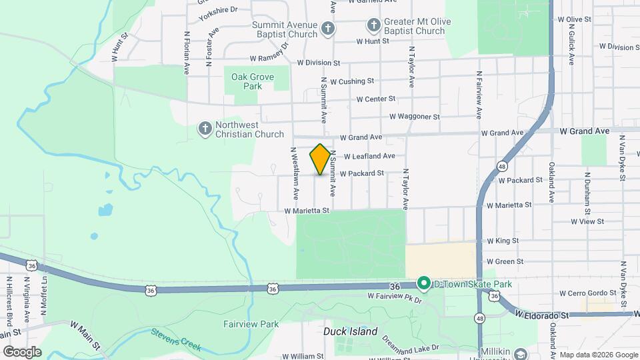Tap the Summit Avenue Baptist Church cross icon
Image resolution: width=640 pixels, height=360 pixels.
tap(327, 27)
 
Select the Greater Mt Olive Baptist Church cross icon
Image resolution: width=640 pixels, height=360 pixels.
tap(374, 26)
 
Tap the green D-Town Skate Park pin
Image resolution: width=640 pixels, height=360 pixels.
tap(423, 284)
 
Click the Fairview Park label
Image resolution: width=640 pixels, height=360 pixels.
tap(251, 325)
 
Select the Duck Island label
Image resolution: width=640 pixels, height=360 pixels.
tap(351, 331)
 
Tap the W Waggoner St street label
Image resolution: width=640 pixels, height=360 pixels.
tap(415, 117)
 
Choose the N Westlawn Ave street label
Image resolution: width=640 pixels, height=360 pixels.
tap(293, 173)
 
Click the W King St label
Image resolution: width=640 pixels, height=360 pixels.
tap(503, 241)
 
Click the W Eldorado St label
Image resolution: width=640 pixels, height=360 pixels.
tap(541, 314)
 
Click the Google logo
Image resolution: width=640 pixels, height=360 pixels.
tap(23, 351)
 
